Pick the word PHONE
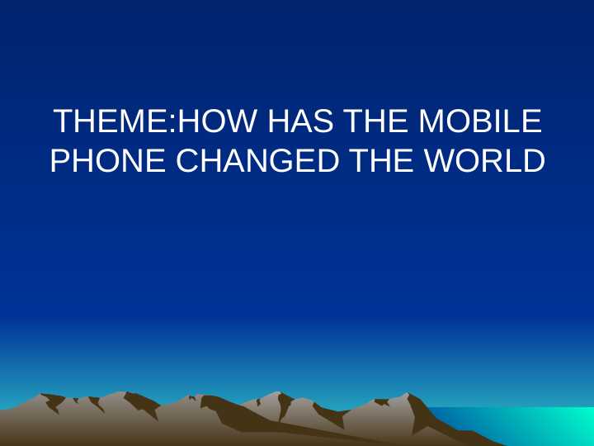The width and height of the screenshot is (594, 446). click(109, 160)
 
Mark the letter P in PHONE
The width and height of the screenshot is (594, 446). click(60, 160)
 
